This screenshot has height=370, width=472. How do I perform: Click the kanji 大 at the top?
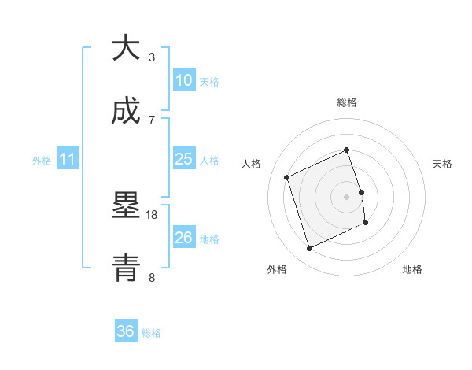tap(126, 48)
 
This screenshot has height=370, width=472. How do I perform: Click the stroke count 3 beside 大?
tap(152, 57)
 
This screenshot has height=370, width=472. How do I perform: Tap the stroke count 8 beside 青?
tap(152, 277)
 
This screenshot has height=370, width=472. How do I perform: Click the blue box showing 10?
tap(183, 80)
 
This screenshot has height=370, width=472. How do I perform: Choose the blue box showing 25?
tap(183, 159)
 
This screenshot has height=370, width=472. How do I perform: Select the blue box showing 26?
tap(183, 238)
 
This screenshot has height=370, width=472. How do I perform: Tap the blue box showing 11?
tap(68, 160)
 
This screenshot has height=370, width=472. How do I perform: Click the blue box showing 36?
tap(126, 331)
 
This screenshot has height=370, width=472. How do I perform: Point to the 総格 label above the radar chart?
tap(347, 102)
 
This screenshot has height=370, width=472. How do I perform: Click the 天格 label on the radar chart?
tap(443, 164)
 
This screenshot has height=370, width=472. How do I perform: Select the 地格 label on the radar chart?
tap(412, 269)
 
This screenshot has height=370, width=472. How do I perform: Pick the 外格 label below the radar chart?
tap(277, 269)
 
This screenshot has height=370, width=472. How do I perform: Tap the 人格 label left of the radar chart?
tap(252, 164)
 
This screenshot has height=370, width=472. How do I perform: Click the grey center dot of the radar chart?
tap(347, 196)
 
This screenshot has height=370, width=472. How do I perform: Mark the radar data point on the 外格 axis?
tap(310, 249)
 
